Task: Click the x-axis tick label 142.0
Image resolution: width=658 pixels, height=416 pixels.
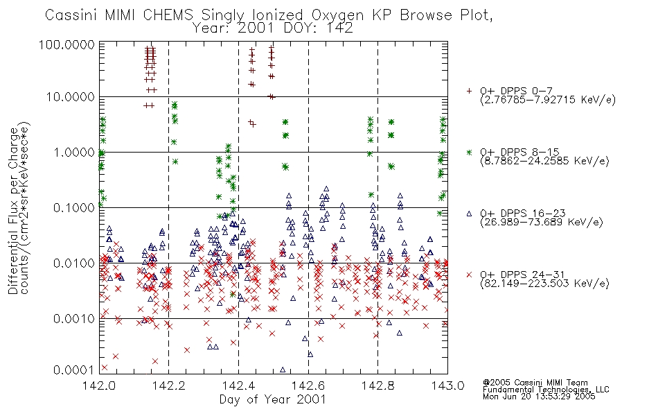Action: point(99,385)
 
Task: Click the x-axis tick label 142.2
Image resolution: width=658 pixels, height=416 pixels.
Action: point(169,385)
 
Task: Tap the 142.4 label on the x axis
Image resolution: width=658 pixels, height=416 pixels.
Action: point(238,385)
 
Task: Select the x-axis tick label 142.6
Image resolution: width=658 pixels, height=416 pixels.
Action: point(308,385)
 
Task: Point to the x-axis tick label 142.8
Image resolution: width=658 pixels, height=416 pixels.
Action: point(377,385)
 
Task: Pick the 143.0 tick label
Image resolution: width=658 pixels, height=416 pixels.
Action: point(447,385)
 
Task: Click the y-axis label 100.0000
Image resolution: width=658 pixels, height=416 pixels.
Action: point(66,44)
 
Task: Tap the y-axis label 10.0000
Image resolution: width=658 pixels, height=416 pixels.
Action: point(71,97)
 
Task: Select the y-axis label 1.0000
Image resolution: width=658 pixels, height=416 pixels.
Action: point(74,152)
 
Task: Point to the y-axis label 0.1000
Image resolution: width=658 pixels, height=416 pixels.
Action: point(74,207)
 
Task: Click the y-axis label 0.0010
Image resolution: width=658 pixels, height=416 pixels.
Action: point(74,318)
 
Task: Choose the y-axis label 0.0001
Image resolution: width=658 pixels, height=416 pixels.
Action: point(74,370)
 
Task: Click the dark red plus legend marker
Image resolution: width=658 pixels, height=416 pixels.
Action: point(469,91)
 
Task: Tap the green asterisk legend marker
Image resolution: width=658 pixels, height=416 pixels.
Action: point(469,152)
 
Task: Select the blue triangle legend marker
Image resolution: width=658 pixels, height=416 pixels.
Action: point(469,214)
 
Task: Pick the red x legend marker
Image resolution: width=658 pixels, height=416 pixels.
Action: point(469,275)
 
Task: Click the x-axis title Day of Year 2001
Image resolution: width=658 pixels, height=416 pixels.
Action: point(272,399)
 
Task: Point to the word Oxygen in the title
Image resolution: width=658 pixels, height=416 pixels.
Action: point(337,15)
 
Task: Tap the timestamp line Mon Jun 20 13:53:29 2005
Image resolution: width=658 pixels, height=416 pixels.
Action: point(539,397)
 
